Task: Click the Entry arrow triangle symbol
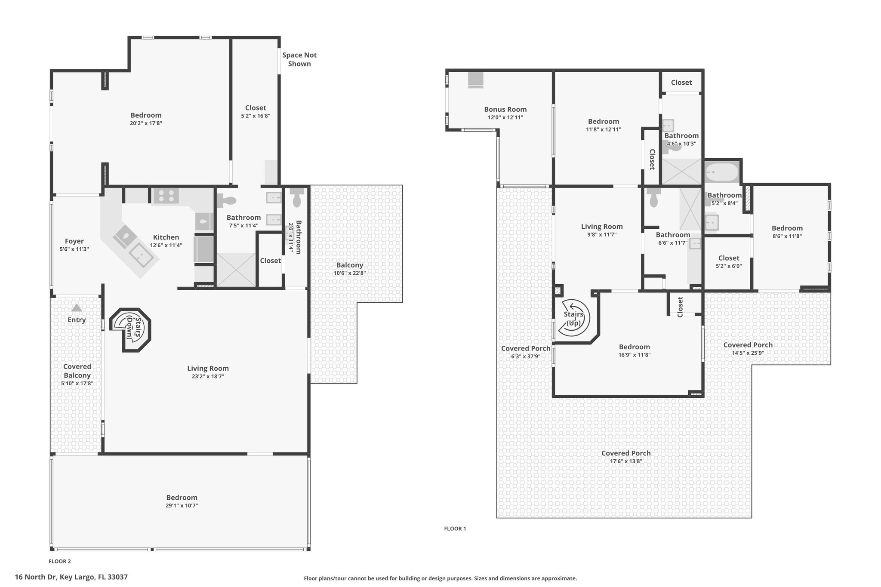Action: tap(77, 308)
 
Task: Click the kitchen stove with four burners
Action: tap(166, 196)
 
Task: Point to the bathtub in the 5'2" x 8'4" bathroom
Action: tap(722, 172)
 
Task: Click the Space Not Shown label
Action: tap(299, 59)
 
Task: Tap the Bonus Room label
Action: tap(505, 109)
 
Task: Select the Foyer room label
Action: tap(74, 241)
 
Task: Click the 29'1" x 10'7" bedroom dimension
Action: tap(182, 506)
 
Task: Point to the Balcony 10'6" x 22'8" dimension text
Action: tap(350, 273)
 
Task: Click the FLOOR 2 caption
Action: tap(60, 561)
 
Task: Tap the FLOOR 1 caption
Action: tap(455, 529)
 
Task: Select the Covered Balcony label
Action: tap(77, 371)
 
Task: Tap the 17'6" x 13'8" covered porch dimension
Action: tap(626, 461)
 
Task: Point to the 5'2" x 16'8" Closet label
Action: tap(256, 108)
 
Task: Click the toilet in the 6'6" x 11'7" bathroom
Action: tap(654, 198)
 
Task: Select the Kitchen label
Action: tap(166, 237)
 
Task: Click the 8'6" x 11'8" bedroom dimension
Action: tap(787, 236)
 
